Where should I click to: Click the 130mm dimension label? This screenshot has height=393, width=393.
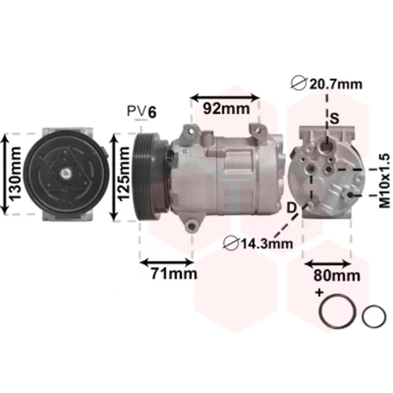pyautogui.click(x=15, y=174)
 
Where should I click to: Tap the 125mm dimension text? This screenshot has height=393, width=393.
pyautogui.click(x=123, y=174)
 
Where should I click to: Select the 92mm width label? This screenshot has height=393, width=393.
pyautogui.click(x=226, y=108)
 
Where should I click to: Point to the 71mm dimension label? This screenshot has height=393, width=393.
pyautogui.click(x=174, y=274)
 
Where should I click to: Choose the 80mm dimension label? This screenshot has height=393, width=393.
pyautogui.click(x=337, y=275)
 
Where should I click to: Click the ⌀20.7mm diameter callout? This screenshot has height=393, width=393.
pyautogui.click(x=327, y=84)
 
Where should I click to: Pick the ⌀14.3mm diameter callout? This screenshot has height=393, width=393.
pyautogui.click(x=258, y=244)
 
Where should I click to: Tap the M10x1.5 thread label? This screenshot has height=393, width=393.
pyautogui.click(x=384, y=182)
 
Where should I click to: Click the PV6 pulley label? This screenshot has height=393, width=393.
pyautogui.click(x=141, y=112)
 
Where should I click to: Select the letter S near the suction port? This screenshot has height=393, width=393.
pyautogui.click(x=334, y=118)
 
